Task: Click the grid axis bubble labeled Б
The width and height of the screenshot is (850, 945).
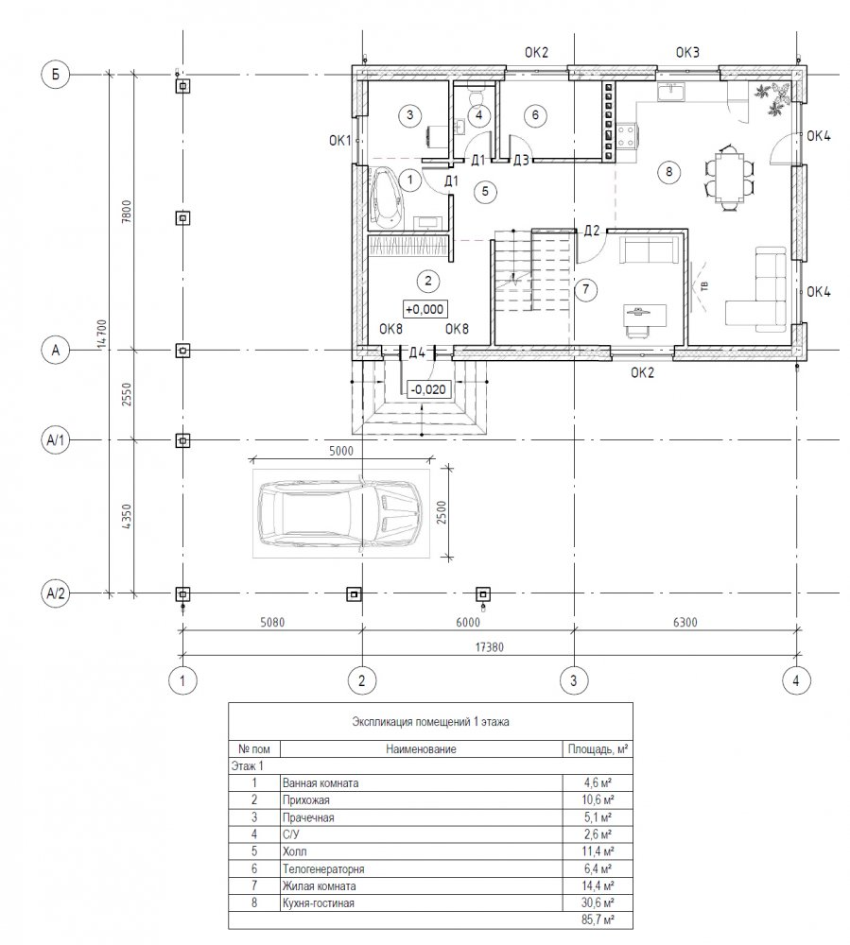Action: point(56,75)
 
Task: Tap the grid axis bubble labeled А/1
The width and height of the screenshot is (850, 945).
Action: point(56,440)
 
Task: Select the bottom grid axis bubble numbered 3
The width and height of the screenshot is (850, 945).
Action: point(573,680)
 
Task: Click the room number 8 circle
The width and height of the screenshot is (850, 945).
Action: point(668,172)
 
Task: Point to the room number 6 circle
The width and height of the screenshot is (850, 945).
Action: point(535,114)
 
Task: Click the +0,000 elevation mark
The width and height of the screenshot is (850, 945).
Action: point(425,309)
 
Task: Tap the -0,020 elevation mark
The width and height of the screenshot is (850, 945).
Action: point(428,389)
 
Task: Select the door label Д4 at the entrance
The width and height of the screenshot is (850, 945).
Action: point(417,352)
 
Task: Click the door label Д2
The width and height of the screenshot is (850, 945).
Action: point(592,231)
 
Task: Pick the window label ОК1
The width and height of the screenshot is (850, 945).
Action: point(340,141)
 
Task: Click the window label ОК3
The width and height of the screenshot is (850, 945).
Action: point(687,52)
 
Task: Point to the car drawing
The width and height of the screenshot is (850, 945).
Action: point(340,513)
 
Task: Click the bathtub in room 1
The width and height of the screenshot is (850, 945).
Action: point(388,198)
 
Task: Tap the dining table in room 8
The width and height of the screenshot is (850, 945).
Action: point(729,179)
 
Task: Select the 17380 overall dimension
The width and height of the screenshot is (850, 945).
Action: point(490,647)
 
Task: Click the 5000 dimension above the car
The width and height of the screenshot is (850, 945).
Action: point(341,451)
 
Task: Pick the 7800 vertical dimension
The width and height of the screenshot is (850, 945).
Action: point(126,212)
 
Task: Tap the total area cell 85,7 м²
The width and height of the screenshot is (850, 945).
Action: point(598,920)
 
